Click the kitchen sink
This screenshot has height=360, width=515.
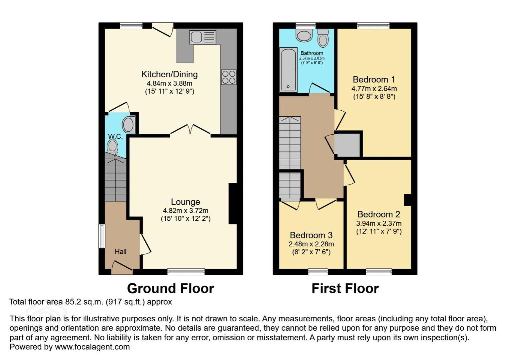203,37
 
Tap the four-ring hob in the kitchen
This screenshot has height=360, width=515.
229,77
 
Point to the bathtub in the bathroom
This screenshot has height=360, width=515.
288,70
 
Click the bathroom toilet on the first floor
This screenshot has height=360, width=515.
323,38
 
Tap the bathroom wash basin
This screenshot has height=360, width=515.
304,35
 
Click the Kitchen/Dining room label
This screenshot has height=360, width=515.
169,74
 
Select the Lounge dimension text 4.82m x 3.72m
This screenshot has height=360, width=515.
185,210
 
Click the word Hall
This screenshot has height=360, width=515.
120,252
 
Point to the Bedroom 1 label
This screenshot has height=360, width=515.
374,79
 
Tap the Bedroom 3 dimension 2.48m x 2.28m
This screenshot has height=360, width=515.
311,244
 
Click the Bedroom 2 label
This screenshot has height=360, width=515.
379,214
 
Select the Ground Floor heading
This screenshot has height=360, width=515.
170,289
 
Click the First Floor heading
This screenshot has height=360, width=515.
345,289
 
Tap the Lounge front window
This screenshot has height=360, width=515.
186,272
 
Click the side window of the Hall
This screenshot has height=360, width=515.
102,236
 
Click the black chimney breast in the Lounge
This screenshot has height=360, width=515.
233,203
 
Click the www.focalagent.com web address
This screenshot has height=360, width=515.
92,347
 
